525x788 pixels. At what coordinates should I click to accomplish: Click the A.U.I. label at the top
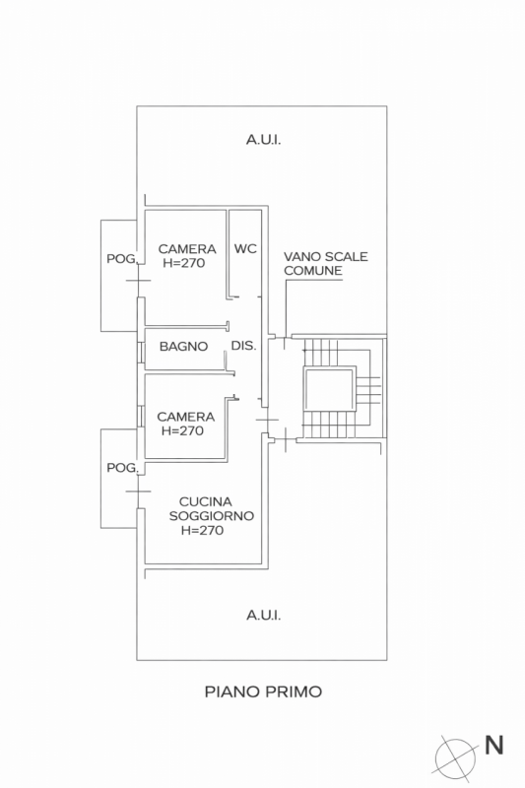click(x=263, y=140)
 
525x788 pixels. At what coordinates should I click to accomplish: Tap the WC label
click(x=245, y=249)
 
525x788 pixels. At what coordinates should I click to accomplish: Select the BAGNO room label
click(x=183, y=346)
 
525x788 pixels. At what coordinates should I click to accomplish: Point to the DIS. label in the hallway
click(x=243, y=346)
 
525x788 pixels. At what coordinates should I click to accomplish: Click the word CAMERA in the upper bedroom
click(x=186, y=249)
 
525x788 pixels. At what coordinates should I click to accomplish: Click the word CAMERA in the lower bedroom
click(x=186, y=417)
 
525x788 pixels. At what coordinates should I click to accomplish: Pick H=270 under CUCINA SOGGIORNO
click(x=203, y=530)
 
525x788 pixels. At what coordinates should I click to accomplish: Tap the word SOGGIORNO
click(x=212, y=515)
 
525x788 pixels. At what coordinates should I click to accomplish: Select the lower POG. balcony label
click(x=121, y=467)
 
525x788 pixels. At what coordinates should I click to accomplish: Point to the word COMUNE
click(x=312, y=270)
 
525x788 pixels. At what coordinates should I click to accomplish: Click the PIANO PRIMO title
click(x=263, y=691)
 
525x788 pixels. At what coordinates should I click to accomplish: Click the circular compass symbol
click(x=456, y=756)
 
